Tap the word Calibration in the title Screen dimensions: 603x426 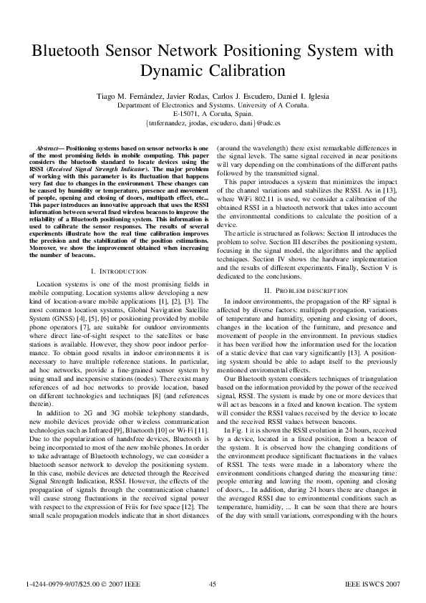point(244,71)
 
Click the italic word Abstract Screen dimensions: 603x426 point(47,146)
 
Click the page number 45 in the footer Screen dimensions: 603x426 point(213,584)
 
